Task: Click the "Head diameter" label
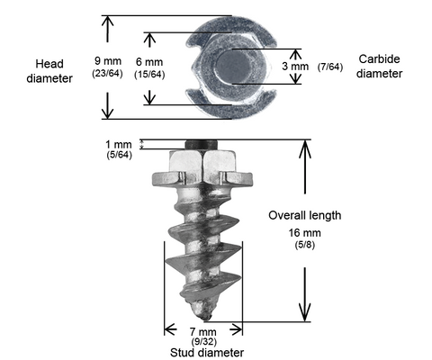(49, 71)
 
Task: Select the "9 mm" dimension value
(108, 61)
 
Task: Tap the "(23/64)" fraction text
(107, 73)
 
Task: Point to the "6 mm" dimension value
(149, 62)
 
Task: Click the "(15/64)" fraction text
(149, 74)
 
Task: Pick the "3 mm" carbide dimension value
(295, 67)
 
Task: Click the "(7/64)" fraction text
(330, 67)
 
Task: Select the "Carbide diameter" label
(380, 67)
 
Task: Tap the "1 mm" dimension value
(119, 145)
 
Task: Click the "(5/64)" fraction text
(120, 155)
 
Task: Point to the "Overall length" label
(305, 215)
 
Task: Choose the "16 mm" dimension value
(305, 233)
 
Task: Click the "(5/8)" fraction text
(305, 245)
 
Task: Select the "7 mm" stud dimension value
(202, 332)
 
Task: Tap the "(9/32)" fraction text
(204, 341)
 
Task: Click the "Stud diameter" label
(207, 353)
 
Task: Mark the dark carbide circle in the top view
(233, 66)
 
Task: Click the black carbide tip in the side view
(201, 145)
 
